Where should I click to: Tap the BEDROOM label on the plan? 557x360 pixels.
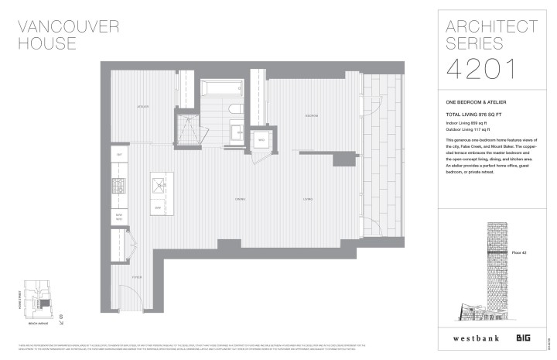311,116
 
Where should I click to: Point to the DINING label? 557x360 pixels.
241,200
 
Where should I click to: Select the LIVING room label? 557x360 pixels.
308,200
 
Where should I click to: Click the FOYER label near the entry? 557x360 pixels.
135,276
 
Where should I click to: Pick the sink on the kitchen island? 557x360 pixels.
159,183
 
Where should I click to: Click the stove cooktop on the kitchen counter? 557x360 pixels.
120,187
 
